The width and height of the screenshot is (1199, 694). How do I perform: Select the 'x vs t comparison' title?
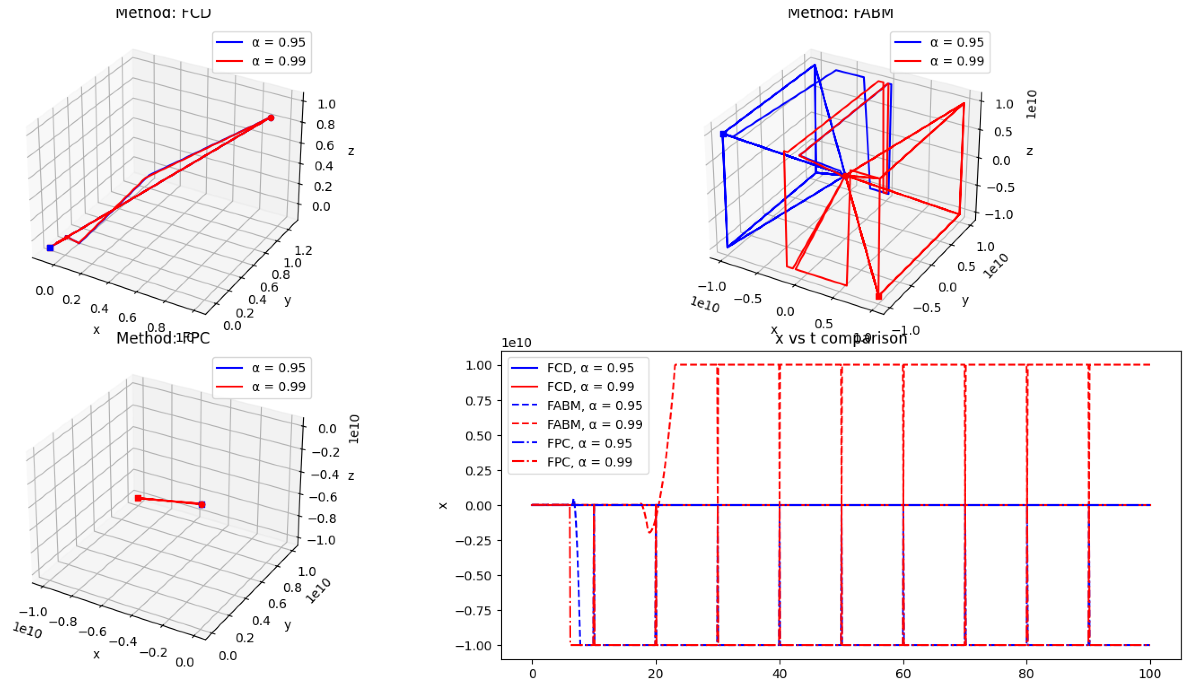(x=841, y=338)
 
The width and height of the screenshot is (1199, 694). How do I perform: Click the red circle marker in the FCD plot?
(x=271, y=118)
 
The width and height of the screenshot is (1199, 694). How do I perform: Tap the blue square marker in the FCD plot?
(x=50, y=248)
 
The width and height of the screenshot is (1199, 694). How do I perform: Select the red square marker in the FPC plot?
(x=138, y=498)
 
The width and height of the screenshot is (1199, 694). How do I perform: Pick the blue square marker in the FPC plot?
(x=202, y=504)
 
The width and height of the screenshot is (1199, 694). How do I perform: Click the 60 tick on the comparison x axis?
(x=903, y=674)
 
